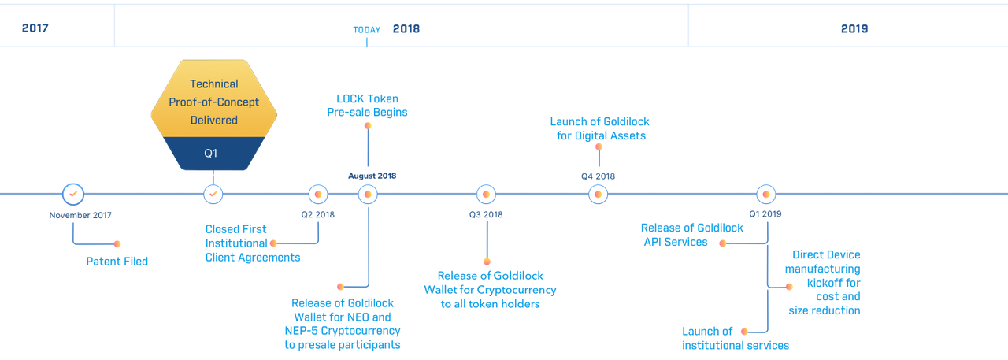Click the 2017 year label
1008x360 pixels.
[x=35, y=28]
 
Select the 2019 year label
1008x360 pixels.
[x=854, y=29]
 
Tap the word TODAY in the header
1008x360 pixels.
[x=367, y=30]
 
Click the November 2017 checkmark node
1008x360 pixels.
[x=73, y=195]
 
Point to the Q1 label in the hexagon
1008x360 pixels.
[x=210, y=154]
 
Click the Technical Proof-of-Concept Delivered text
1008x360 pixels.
[x=213, y=102]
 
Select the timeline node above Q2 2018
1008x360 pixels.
[x=318, y=195]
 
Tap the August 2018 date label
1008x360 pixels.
[x=372, y=176]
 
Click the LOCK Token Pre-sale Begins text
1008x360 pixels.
[x=367, y=106]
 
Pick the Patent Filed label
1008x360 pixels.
[x=117, y=262]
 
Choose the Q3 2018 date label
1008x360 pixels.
[x=486, y=214]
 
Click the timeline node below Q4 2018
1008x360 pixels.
[x=598, y=195]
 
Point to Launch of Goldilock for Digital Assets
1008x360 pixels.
[x=600, y=128]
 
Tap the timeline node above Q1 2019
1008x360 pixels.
[x=766, y=195]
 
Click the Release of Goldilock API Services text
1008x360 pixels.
[x=691, y=235]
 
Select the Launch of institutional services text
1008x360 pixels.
[x=736, y=339]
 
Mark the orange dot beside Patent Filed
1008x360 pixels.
[x=117, y=244]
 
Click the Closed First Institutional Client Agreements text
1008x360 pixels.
[x=253, y=243]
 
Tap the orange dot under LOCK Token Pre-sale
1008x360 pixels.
[x=368, y=126]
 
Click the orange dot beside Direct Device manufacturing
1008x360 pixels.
[x=789, y=287]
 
